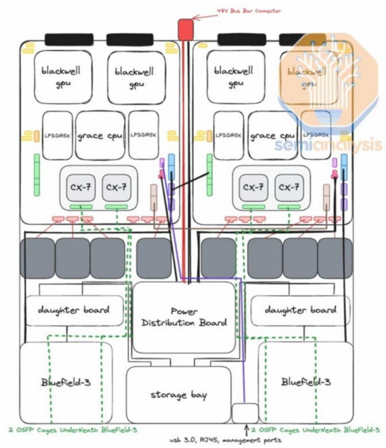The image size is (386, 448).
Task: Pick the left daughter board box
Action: point(74,310)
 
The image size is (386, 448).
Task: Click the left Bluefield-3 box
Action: point(65,382)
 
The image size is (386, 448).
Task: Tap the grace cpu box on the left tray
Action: point(99,136)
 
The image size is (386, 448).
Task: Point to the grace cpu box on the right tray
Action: point(273,136)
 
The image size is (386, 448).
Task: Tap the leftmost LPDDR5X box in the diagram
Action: point(57,135)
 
